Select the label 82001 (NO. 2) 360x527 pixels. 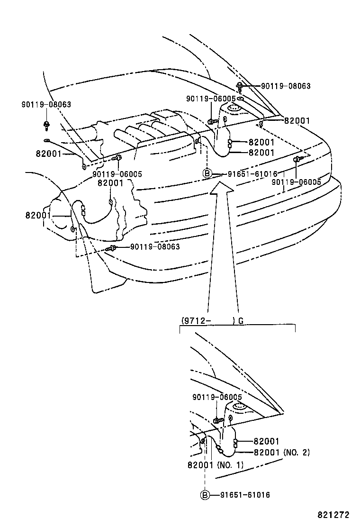click(x=281, y=453)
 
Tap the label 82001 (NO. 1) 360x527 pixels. click(x=215, y=465)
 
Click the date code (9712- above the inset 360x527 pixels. click(x=196, y=321)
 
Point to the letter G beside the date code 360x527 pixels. click(x=241, y=321)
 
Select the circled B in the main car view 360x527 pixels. click(x=207, y=173)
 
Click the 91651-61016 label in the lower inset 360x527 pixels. click(x=244, y=495)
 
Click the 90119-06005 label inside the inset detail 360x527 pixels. click(x=217, y=397)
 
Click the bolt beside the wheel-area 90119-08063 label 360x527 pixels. click(x=111, y=248)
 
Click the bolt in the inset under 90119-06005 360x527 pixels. click(x=218, y=420)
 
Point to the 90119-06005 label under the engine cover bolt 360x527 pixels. click(x=117, y=174)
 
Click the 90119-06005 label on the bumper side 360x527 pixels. click(x=297, y=182)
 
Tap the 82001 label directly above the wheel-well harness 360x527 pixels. click(x=110, y=183)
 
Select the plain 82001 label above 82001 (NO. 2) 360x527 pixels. click(x=266, y=441)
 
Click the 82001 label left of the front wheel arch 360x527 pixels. click(x=38, y=215)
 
